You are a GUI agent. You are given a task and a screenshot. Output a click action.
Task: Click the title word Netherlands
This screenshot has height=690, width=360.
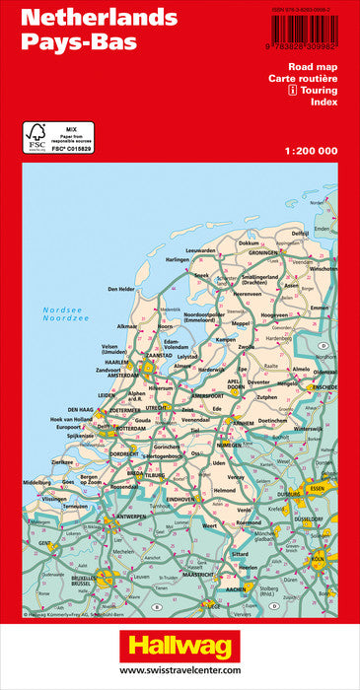86,19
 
